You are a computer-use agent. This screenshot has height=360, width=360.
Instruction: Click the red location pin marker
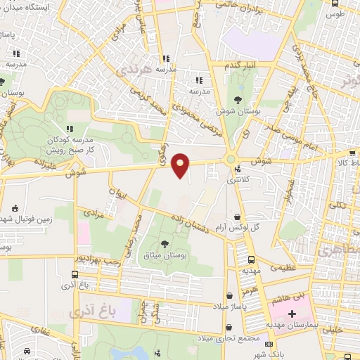[x=181, y=165]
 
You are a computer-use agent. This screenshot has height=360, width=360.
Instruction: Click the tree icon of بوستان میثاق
[x=165, y=244]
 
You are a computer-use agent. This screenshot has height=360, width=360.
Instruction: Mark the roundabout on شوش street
[x=231, y=160]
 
